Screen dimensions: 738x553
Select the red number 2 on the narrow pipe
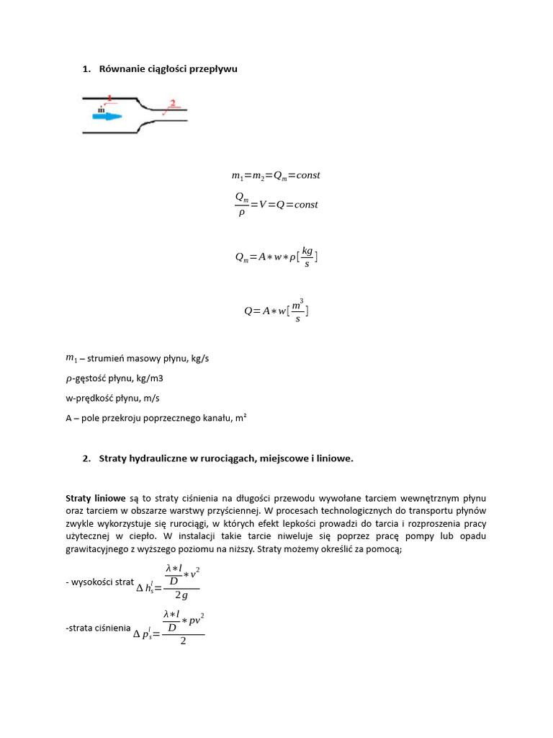click(x=171, y=103)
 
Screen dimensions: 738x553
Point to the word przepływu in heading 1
click(x=212, y=68)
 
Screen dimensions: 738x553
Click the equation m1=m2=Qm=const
click(x=275, y=175)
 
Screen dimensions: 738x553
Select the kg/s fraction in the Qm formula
click(x=307, y=257)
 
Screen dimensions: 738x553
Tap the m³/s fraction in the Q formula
click(x=297, y=311)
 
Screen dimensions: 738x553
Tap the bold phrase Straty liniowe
click(x=95, y=498)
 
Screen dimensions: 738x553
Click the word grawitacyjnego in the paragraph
click(x=99, y=550)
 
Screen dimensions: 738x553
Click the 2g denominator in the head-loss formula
click(x=181, y=596)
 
